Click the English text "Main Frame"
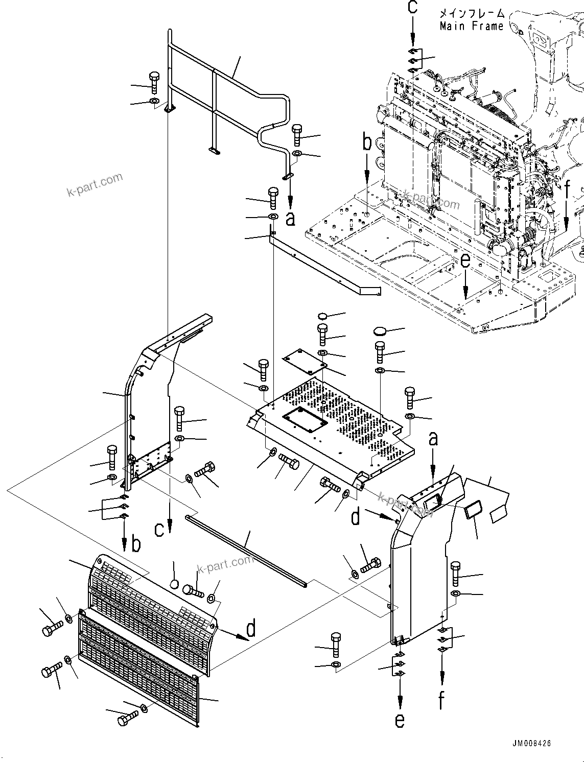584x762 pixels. (471, 26)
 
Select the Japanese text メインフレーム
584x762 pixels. (471, 14)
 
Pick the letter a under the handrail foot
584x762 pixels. (290, 220)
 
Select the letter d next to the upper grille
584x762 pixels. (250, 630)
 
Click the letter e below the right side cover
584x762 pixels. (400, 720)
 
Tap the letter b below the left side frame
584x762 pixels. (135, 545)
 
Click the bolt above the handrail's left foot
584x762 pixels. (154, 82)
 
